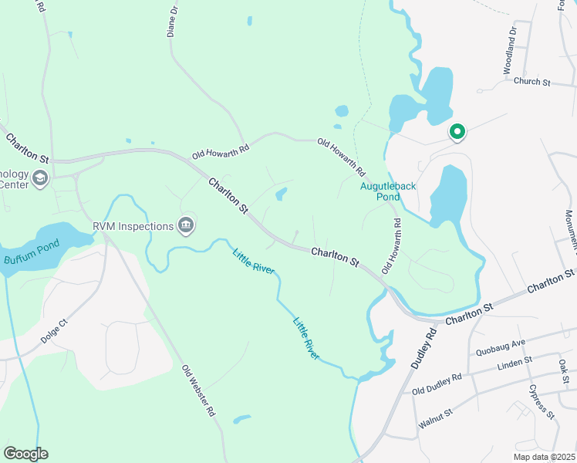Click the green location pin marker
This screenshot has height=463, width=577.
tap(457, 133)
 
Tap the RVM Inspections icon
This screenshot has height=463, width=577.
tap(186, 226)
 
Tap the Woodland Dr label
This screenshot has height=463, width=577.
tap(510, 52)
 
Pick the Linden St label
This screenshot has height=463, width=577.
tap(515, 362)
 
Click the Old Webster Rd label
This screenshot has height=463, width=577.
tap(198, 391)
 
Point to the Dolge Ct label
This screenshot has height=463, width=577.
tap(56, 328)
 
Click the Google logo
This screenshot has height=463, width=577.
tap(25, 454)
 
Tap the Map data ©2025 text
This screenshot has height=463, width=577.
tap(544, 457)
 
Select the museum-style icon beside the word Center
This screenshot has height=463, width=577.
tap(40, 180)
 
